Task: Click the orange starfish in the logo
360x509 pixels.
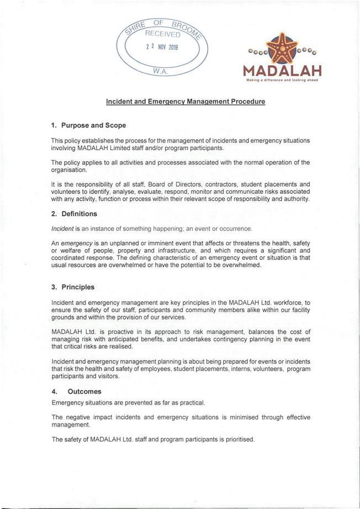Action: (x=283, y=48)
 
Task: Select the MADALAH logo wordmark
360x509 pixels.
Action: (x=282, y=71)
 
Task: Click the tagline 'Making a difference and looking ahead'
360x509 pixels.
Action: (x=282, y=80)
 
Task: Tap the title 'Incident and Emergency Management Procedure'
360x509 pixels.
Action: (x=186, y=102)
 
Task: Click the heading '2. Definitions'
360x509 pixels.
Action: (x=74, y=214)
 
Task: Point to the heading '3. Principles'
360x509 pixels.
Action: (x=72, y=287)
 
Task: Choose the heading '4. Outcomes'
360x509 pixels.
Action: (x=76, y=391)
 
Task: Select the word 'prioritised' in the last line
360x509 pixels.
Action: (x=238, y=440)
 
